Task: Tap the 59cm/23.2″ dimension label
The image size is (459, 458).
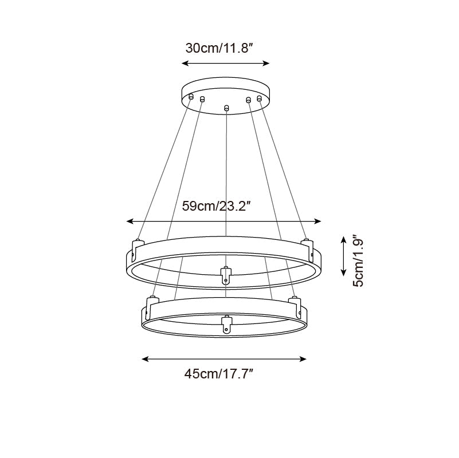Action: [x=218, y=206]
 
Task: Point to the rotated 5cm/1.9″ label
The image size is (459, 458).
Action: [x=359, y=260]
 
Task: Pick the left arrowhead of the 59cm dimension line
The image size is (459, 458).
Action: [x=130, y=221]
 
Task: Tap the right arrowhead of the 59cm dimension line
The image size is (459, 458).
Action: [x=319, y=221]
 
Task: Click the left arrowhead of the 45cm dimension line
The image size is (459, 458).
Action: [x=144, y=359]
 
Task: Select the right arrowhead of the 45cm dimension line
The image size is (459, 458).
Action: [x=304, y=359]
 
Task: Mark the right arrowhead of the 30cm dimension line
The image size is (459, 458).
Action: [x=266, y=64]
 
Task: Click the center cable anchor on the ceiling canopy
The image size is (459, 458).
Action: [x=227, y=108]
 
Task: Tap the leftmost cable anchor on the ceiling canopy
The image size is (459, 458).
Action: [x=191, y=97]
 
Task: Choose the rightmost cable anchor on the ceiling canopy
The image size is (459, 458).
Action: [x=260, y=98]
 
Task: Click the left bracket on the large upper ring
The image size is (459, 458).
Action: [x=136, y=247]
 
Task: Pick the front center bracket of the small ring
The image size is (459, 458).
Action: [x=226, y=323]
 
